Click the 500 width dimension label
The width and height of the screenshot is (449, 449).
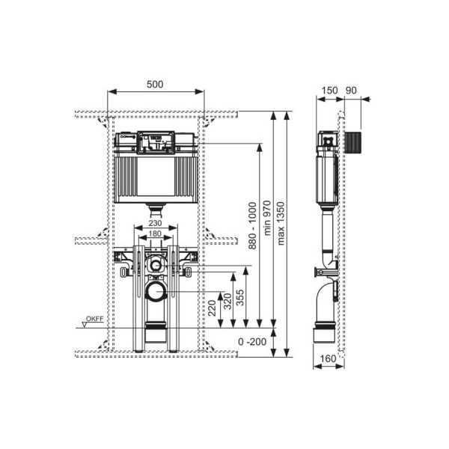pos(155,84)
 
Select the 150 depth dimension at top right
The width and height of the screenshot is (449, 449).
pos(329,91)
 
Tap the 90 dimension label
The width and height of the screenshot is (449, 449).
pos(351,91)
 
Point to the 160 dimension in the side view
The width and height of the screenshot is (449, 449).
pos(328,358)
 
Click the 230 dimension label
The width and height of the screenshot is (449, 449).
pos(155,223)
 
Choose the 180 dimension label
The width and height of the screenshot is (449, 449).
pos(155,233)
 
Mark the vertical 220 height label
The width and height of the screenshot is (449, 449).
pos(212,308)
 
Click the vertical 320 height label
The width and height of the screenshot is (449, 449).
pos(227,302)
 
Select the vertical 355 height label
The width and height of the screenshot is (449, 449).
pos(240,298)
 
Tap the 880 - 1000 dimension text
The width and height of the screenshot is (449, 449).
pos(252,226)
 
